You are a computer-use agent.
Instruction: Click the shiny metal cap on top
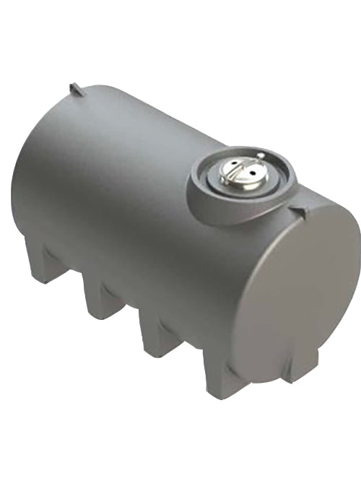click(238, 174)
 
